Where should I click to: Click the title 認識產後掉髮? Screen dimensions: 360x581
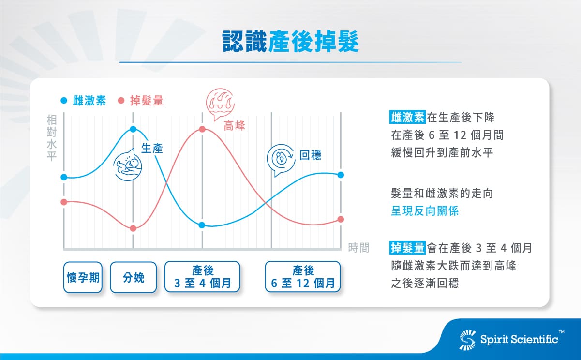click(x=290, y=42)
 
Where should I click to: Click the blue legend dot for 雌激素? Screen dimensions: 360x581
click(x=64, y=101)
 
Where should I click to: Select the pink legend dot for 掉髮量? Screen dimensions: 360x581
click(x=121, y=101)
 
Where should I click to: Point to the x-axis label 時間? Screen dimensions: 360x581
click(x=358, y=248)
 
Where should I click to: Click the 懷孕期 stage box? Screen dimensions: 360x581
click(x=83, y=277)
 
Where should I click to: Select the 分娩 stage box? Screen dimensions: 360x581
click(x=134, y=277)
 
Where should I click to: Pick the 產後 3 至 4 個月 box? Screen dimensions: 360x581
click(x=202, y=277)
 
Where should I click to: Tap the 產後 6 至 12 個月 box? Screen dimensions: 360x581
click(x=302, y=277)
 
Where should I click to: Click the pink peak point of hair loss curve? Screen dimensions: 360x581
click(x=202, y=129)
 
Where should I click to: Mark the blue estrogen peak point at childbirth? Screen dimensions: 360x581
click(x=133, y=129)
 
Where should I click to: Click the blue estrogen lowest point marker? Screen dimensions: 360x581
click(x=202, y=225)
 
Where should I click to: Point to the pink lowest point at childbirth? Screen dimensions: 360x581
click(x=134, y=228)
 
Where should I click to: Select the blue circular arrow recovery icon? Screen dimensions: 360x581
click(x=281, y=159)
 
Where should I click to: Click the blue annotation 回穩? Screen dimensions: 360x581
click(x=310, y=155)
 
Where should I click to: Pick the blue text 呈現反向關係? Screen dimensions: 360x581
click(x=424, y=211)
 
